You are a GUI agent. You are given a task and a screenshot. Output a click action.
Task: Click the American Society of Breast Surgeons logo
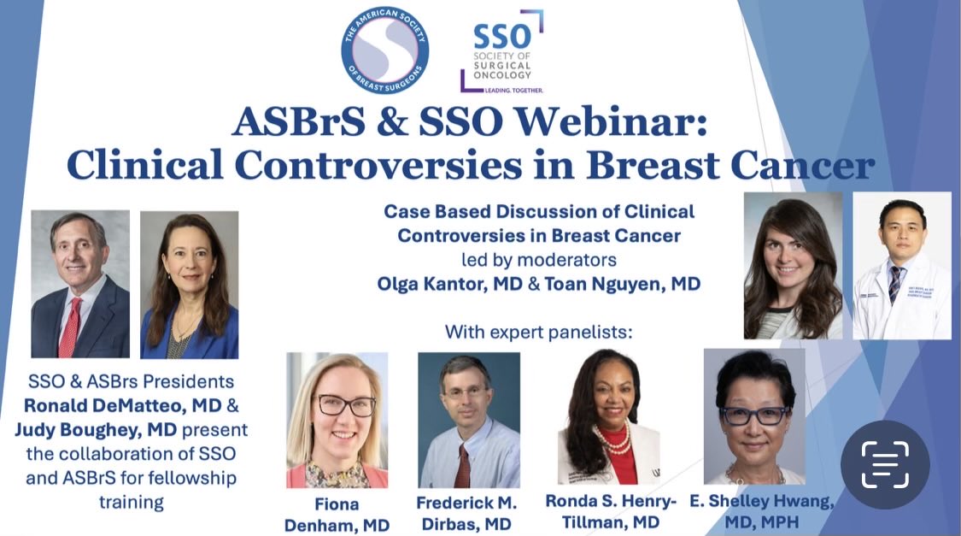[x=384, y=50]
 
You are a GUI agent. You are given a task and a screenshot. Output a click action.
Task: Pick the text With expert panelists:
[x=538, y=331]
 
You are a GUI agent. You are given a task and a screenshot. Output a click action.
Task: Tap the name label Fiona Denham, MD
[x=337, y=515]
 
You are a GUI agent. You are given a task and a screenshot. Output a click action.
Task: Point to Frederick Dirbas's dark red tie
[x=462, y=466]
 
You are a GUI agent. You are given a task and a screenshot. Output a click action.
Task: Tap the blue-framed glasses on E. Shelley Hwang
[x=753, y=416]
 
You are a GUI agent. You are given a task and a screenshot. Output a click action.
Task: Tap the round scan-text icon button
[x=884, y=464]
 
